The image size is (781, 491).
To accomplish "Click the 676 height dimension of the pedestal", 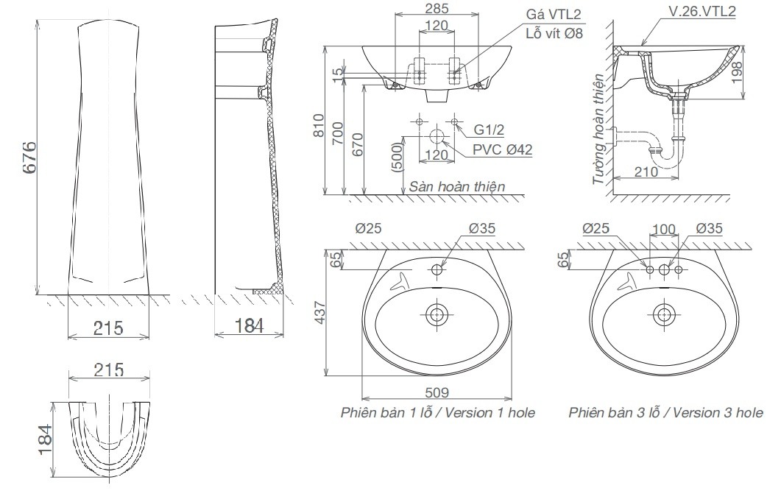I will (x=28, y=157).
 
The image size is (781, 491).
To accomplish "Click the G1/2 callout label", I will (x=489, y=130).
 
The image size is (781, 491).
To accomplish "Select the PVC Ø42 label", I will (x=503, y=149).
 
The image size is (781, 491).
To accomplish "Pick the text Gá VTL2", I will (x=552, y=14).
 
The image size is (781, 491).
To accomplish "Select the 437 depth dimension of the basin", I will (x=318, y=312).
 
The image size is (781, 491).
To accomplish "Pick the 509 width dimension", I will (x=437, y=392).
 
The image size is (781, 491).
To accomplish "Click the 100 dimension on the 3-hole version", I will (x=664, y=229).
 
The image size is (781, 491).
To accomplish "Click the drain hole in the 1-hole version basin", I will (x=437, y=314).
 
